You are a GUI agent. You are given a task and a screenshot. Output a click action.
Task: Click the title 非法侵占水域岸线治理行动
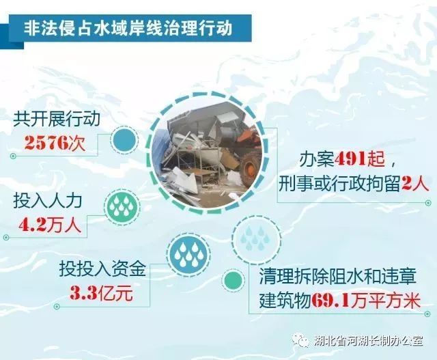coord(128,29)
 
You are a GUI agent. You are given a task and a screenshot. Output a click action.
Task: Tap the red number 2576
coord(46,143)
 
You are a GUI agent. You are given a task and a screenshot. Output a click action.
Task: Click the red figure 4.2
coord(32,226)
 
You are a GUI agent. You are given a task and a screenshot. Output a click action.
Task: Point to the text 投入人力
coord(48,202)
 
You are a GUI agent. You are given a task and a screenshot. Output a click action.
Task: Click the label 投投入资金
coord(102,268)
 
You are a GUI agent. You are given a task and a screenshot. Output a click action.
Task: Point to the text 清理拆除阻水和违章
coord(338,277)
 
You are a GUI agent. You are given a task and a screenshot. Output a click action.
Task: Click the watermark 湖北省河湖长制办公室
coord(369,340)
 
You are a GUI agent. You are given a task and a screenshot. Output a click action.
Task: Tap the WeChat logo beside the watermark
coord(301,340)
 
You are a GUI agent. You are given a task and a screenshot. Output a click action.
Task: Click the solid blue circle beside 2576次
coord(124,140)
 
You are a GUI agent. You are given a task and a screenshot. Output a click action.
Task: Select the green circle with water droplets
coord(122,206)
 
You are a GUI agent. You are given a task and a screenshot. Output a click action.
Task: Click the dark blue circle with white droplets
coord(190,254)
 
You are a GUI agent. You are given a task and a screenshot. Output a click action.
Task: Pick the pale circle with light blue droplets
coord(257,238)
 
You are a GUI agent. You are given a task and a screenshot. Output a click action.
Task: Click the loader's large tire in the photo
coord(251,169)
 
